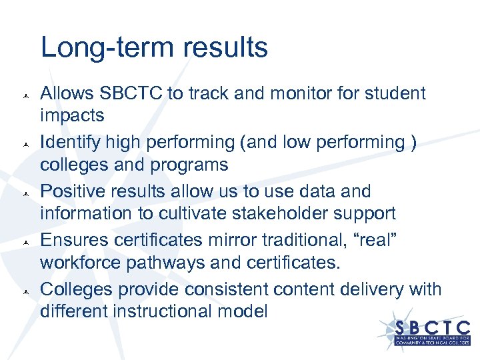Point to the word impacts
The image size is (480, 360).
pyautogui.click(x=72, y=115)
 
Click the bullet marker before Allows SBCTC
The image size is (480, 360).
pyautogui.click(x=24, y=94)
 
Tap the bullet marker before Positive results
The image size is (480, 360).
pyautogui.click(x=24, y=192)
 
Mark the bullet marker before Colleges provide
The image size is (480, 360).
pyautogui.click(x=24, y=290)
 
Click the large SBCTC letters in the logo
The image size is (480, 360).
pyautogui.click(x=432, y=328)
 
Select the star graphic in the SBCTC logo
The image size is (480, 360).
pyautogui.click(x=389, y=330)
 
